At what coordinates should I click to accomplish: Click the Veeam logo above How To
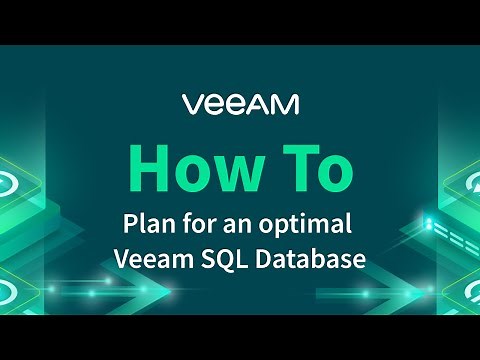tap(239, 104)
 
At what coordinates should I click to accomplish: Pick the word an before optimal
tap(246, 221)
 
